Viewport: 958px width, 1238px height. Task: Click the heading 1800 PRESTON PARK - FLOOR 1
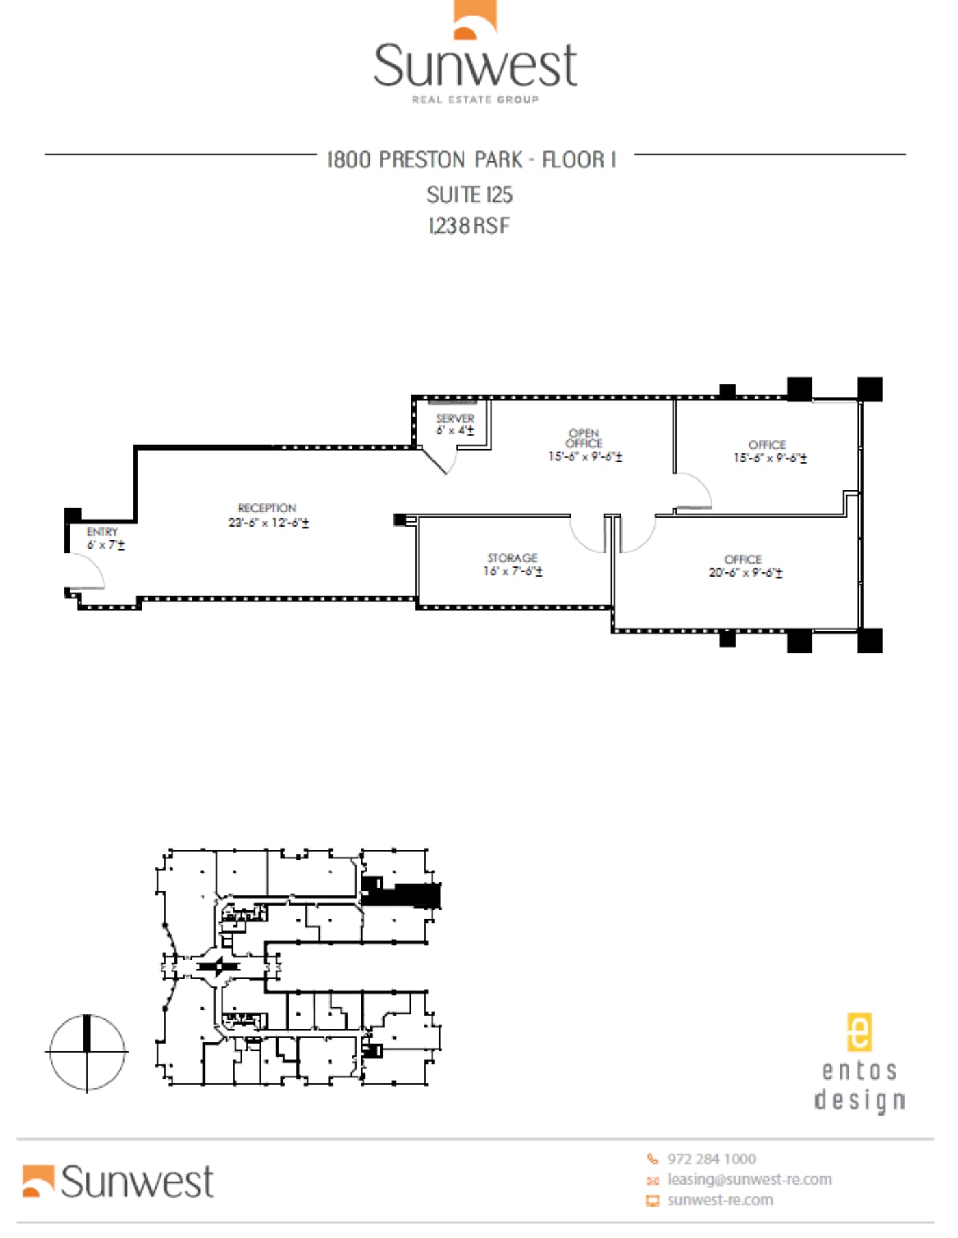(x=472, y=160)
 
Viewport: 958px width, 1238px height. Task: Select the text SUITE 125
(x=469, y=195)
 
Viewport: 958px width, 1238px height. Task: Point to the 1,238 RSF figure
(x=469, y=226)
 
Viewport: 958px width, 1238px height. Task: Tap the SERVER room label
(x=455, y=418)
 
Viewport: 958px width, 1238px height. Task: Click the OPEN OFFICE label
(x=584, y=438)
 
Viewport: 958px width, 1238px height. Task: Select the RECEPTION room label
(x=267, y=508)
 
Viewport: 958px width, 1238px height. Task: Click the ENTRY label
(x=102, y=531)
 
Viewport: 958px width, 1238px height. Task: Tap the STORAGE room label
(x=512, y=558)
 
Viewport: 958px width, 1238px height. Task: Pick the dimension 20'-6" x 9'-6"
(x=745, y=572)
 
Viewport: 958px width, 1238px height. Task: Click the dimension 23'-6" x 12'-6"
(x=268, y=523)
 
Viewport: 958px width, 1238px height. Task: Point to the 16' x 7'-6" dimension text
(x=513, y=571)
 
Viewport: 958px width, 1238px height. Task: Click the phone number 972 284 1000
(x=711, y=1159)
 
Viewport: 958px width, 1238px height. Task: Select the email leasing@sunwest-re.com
(x=749, y=1179)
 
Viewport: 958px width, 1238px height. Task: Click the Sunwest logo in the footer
(x=118, y=1181)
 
